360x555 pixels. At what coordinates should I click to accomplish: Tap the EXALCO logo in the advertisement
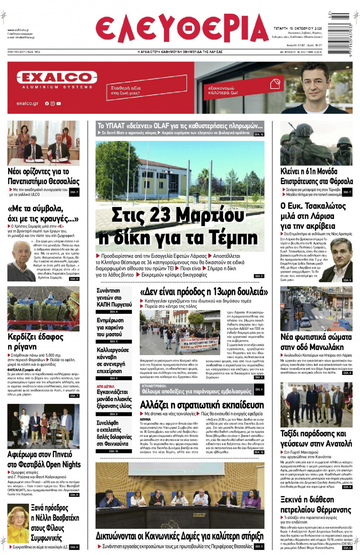(x=57, y=78)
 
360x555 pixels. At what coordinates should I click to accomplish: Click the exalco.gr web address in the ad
(x=27, y=103)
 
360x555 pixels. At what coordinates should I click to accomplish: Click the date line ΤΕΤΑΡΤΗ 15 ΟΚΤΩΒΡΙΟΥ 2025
(x=297, y=28)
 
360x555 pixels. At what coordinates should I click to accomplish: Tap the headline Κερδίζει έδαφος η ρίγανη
(x=36, y=341)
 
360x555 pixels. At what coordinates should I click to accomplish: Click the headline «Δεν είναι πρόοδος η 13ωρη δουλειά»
(x=204, y=292)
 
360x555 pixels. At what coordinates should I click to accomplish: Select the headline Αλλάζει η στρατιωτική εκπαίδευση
(x=202, y=405)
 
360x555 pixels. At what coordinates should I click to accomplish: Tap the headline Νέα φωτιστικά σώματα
(x=316, y=342)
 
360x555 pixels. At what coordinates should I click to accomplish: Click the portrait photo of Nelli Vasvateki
(x=18, y=524)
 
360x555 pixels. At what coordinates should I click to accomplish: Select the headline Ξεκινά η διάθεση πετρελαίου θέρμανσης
(x=316, y=504)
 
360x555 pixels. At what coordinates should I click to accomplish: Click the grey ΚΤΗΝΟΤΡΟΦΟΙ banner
(x=196, y=389)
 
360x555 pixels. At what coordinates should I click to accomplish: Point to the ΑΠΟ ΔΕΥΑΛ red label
(x=105, y=386)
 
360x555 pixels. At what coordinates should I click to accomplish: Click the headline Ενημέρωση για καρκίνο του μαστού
(x=110, y=327)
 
